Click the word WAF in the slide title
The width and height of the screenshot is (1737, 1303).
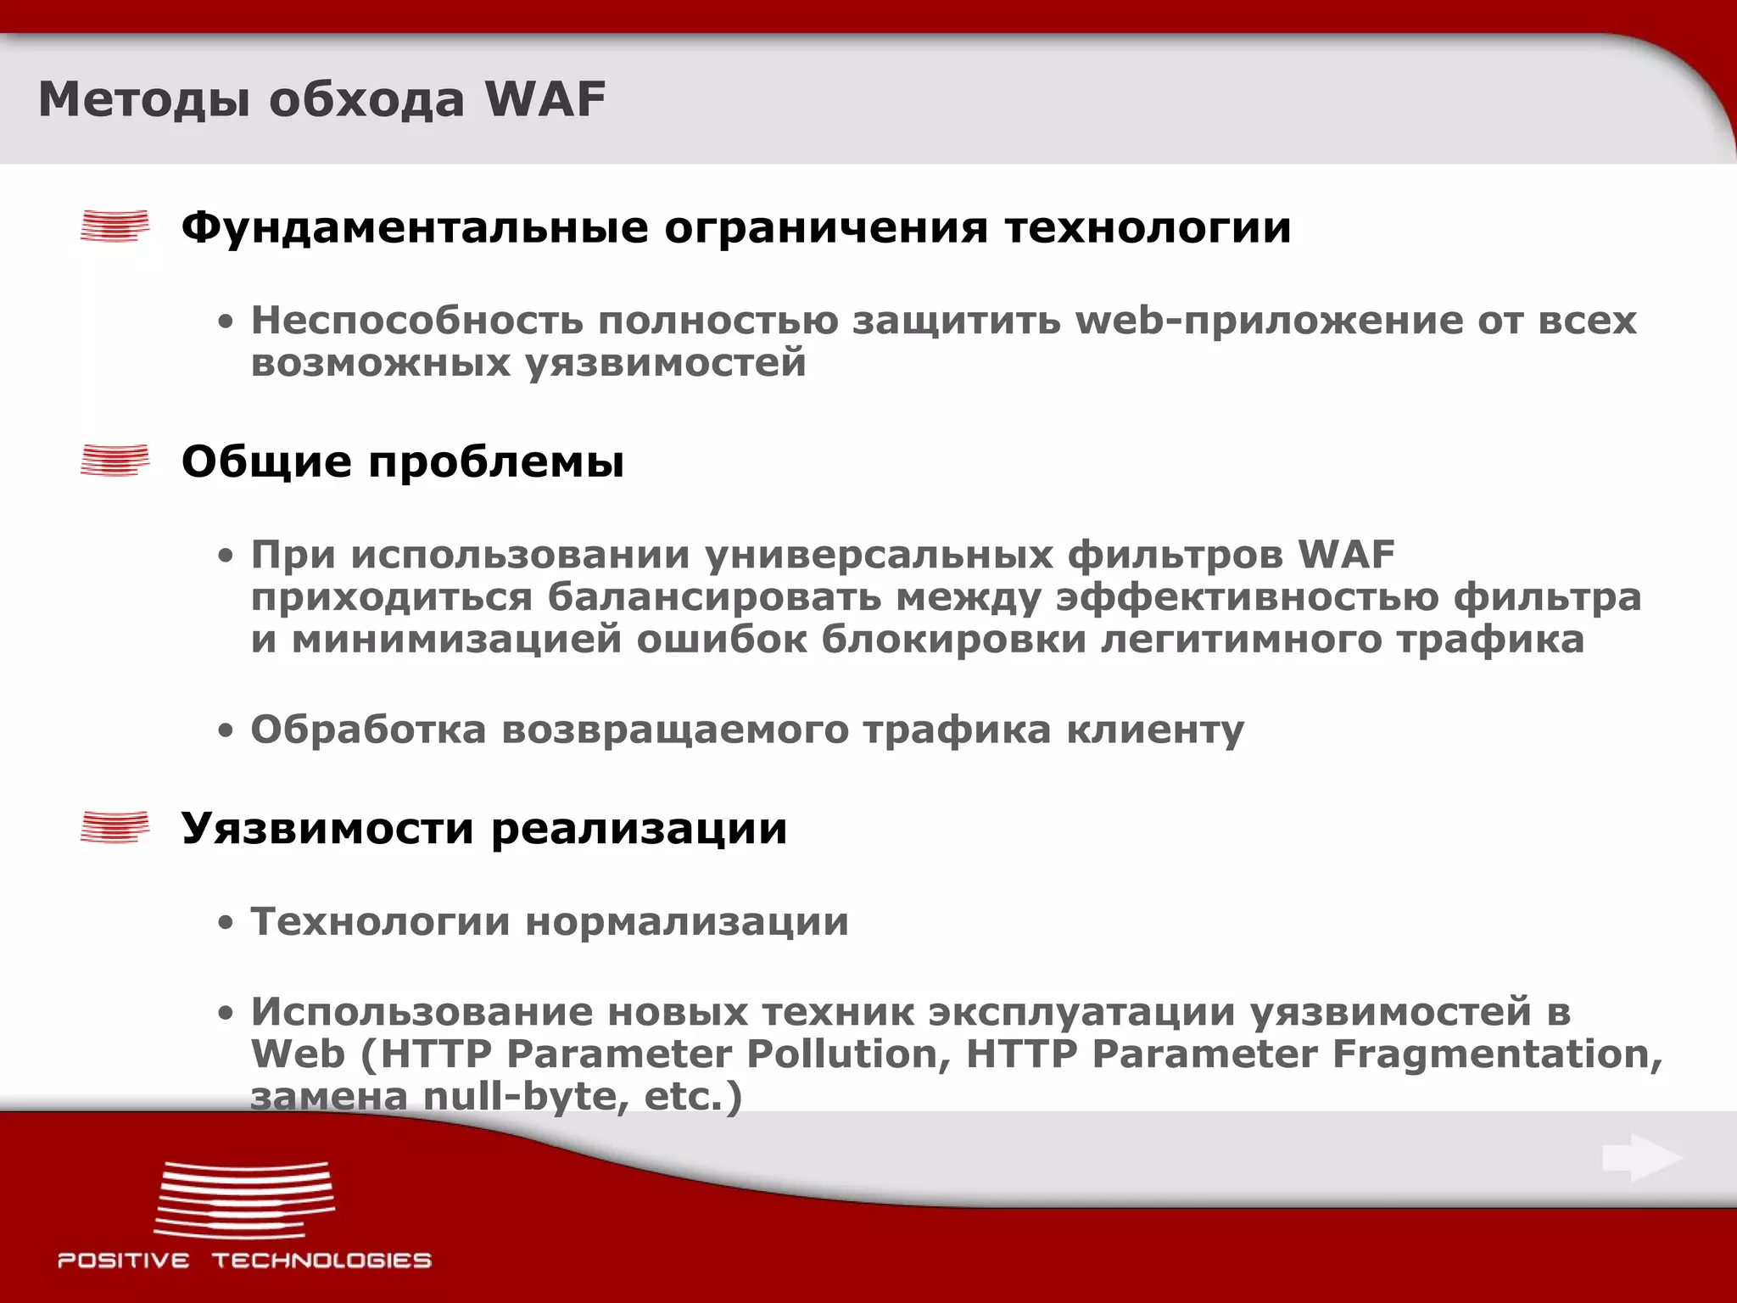545,99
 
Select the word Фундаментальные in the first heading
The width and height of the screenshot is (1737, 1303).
415,227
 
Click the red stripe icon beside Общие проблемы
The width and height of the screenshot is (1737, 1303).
114,461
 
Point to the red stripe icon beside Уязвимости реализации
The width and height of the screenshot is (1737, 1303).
114,827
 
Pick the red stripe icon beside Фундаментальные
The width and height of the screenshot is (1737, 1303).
114,226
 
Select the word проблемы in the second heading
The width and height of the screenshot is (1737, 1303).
496,462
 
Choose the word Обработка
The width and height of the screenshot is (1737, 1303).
368,730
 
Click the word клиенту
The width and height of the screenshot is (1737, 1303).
1155,730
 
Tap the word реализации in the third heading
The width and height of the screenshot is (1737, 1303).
640,829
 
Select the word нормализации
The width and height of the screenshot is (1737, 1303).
687,922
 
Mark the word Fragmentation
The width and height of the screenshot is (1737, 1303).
1497,1054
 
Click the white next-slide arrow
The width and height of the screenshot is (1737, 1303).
1642,1158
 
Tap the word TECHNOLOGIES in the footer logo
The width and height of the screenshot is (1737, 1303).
322,1261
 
